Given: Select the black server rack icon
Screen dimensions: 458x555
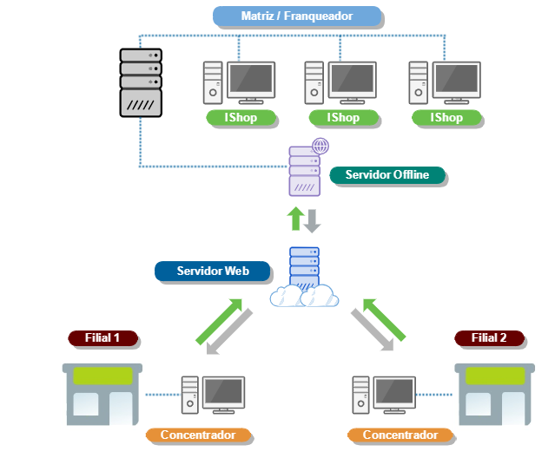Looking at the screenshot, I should pos(141,82).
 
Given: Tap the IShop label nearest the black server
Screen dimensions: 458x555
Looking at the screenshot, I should pos(241,118).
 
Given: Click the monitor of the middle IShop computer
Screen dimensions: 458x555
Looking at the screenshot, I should pos(353,82).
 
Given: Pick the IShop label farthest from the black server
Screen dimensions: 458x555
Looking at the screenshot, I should pos(446,118).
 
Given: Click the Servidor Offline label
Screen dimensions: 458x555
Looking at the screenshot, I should pos(387,175).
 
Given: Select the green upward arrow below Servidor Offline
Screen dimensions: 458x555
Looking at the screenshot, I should pos(296,219).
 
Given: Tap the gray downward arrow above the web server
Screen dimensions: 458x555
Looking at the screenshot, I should pos(313,219).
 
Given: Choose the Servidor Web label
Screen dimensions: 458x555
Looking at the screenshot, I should pos(213,272).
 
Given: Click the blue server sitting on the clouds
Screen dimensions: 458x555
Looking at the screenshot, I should pos(304,268).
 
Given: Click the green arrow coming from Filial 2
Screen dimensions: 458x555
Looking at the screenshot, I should pos(386,318).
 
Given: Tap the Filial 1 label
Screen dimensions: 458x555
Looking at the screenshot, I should pos(102,337).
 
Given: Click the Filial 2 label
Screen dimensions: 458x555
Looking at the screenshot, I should pos(489,337).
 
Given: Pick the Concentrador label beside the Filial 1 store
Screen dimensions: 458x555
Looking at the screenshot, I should pos(197,435).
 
